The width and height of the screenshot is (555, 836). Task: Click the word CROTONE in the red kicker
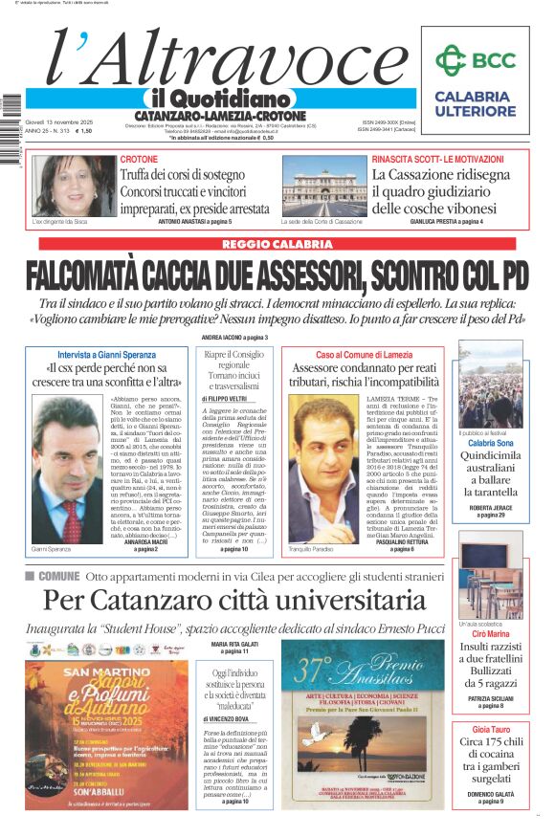139,159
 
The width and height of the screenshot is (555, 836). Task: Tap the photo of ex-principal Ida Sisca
73,187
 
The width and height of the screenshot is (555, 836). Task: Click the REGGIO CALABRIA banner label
277,244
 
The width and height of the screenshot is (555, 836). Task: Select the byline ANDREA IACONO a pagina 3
234,338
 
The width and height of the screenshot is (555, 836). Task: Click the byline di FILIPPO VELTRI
226,397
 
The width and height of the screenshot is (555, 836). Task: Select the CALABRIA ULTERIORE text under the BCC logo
474,103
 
